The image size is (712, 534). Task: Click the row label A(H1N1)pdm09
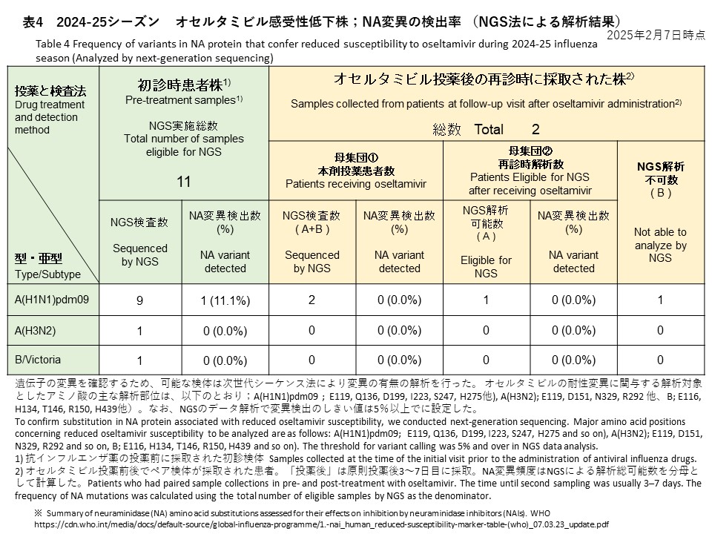tap(47, 300)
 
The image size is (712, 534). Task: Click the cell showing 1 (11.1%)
tap(224, 301)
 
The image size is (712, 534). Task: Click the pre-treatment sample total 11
tap(183, 182)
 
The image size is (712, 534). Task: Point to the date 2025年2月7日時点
tap(656, 35)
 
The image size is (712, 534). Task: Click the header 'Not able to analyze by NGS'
tap(659, 245)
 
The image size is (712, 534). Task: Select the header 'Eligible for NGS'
tap(486, 267)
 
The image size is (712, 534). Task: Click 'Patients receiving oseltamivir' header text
tap(356, 183)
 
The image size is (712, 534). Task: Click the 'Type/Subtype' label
tap(47, 274)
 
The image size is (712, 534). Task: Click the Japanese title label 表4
tap(34, 22)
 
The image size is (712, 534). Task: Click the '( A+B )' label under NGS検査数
tap(311, 229)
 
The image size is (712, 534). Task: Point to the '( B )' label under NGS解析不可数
tap(659, 193)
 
